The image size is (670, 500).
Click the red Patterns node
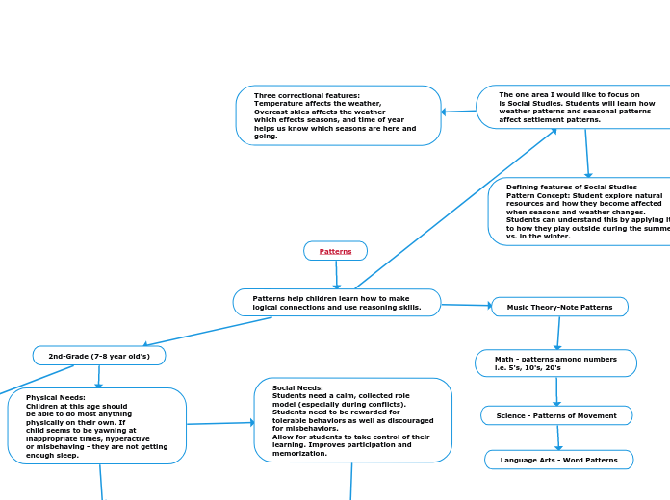[335, 251]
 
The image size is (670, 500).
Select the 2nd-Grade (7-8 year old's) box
[99, 356]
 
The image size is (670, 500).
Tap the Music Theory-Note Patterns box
[559, 307]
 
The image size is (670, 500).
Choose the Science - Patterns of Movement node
[556, 415]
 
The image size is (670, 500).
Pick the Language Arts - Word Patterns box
[558, 460]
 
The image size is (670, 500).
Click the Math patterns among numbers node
[555, 363]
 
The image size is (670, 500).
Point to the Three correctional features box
[338, 115]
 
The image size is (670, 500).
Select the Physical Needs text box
[96, 426]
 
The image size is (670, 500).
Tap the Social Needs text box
[352, 420]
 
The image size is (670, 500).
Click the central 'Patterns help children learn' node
[336, 303]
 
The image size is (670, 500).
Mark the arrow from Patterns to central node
[336, 275]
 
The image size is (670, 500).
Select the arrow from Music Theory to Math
[557, 334]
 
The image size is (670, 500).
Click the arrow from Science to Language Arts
[557, 437]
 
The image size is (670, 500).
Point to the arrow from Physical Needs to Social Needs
[219, 423]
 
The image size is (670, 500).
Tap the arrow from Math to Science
[556, 391]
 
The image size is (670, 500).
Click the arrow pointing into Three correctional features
[458, 112]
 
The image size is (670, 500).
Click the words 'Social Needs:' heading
[297, 387]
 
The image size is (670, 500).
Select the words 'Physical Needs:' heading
[56, 397]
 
